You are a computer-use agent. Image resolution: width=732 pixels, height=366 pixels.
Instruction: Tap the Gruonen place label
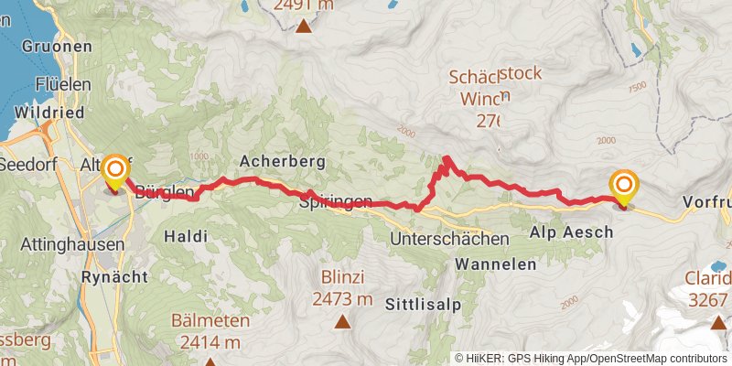click(x=56, y=46)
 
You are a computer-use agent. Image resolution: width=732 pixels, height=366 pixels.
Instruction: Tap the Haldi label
click(x=186, y=236)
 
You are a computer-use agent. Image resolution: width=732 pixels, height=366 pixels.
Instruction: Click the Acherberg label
click(x=283, y=161)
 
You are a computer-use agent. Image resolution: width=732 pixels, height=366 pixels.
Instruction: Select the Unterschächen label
click(x=448, y=239)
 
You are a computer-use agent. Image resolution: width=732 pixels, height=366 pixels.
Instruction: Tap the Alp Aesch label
click(x=572, y=233)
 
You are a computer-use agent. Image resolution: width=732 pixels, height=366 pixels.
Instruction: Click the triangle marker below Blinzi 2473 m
click(x=343, y=321)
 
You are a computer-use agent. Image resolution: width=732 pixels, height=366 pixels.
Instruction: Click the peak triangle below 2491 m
click(x=303, y=26)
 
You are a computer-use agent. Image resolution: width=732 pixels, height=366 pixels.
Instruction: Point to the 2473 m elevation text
click(x=343, y=299)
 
